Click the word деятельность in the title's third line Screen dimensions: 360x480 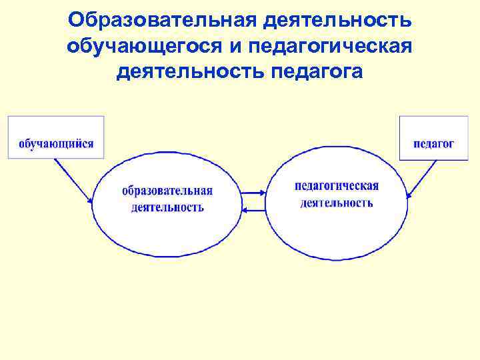click(191, 71)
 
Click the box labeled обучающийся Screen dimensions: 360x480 click(56, 137)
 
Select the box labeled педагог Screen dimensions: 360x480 click(433, 138)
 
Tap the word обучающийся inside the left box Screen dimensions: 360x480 click(56, 143)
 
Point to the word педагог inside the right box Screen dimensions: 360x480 click(433, 143)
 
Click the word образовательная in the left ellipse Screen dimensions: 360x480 click(167, 191)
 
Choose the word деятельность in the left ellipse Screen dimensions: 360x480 click(167, 207)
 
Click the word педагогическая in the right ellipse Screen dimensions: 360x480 click(337, 186)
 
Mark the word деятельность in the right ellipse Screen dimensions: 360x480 click(337, 202)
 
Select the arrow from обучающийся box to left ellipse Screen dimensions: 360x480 click(73, 180)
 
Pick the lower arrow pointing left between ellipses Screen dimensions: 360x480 click(253, 210)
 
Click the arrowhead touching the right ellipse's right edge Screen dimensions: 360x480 click(409, 194)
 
